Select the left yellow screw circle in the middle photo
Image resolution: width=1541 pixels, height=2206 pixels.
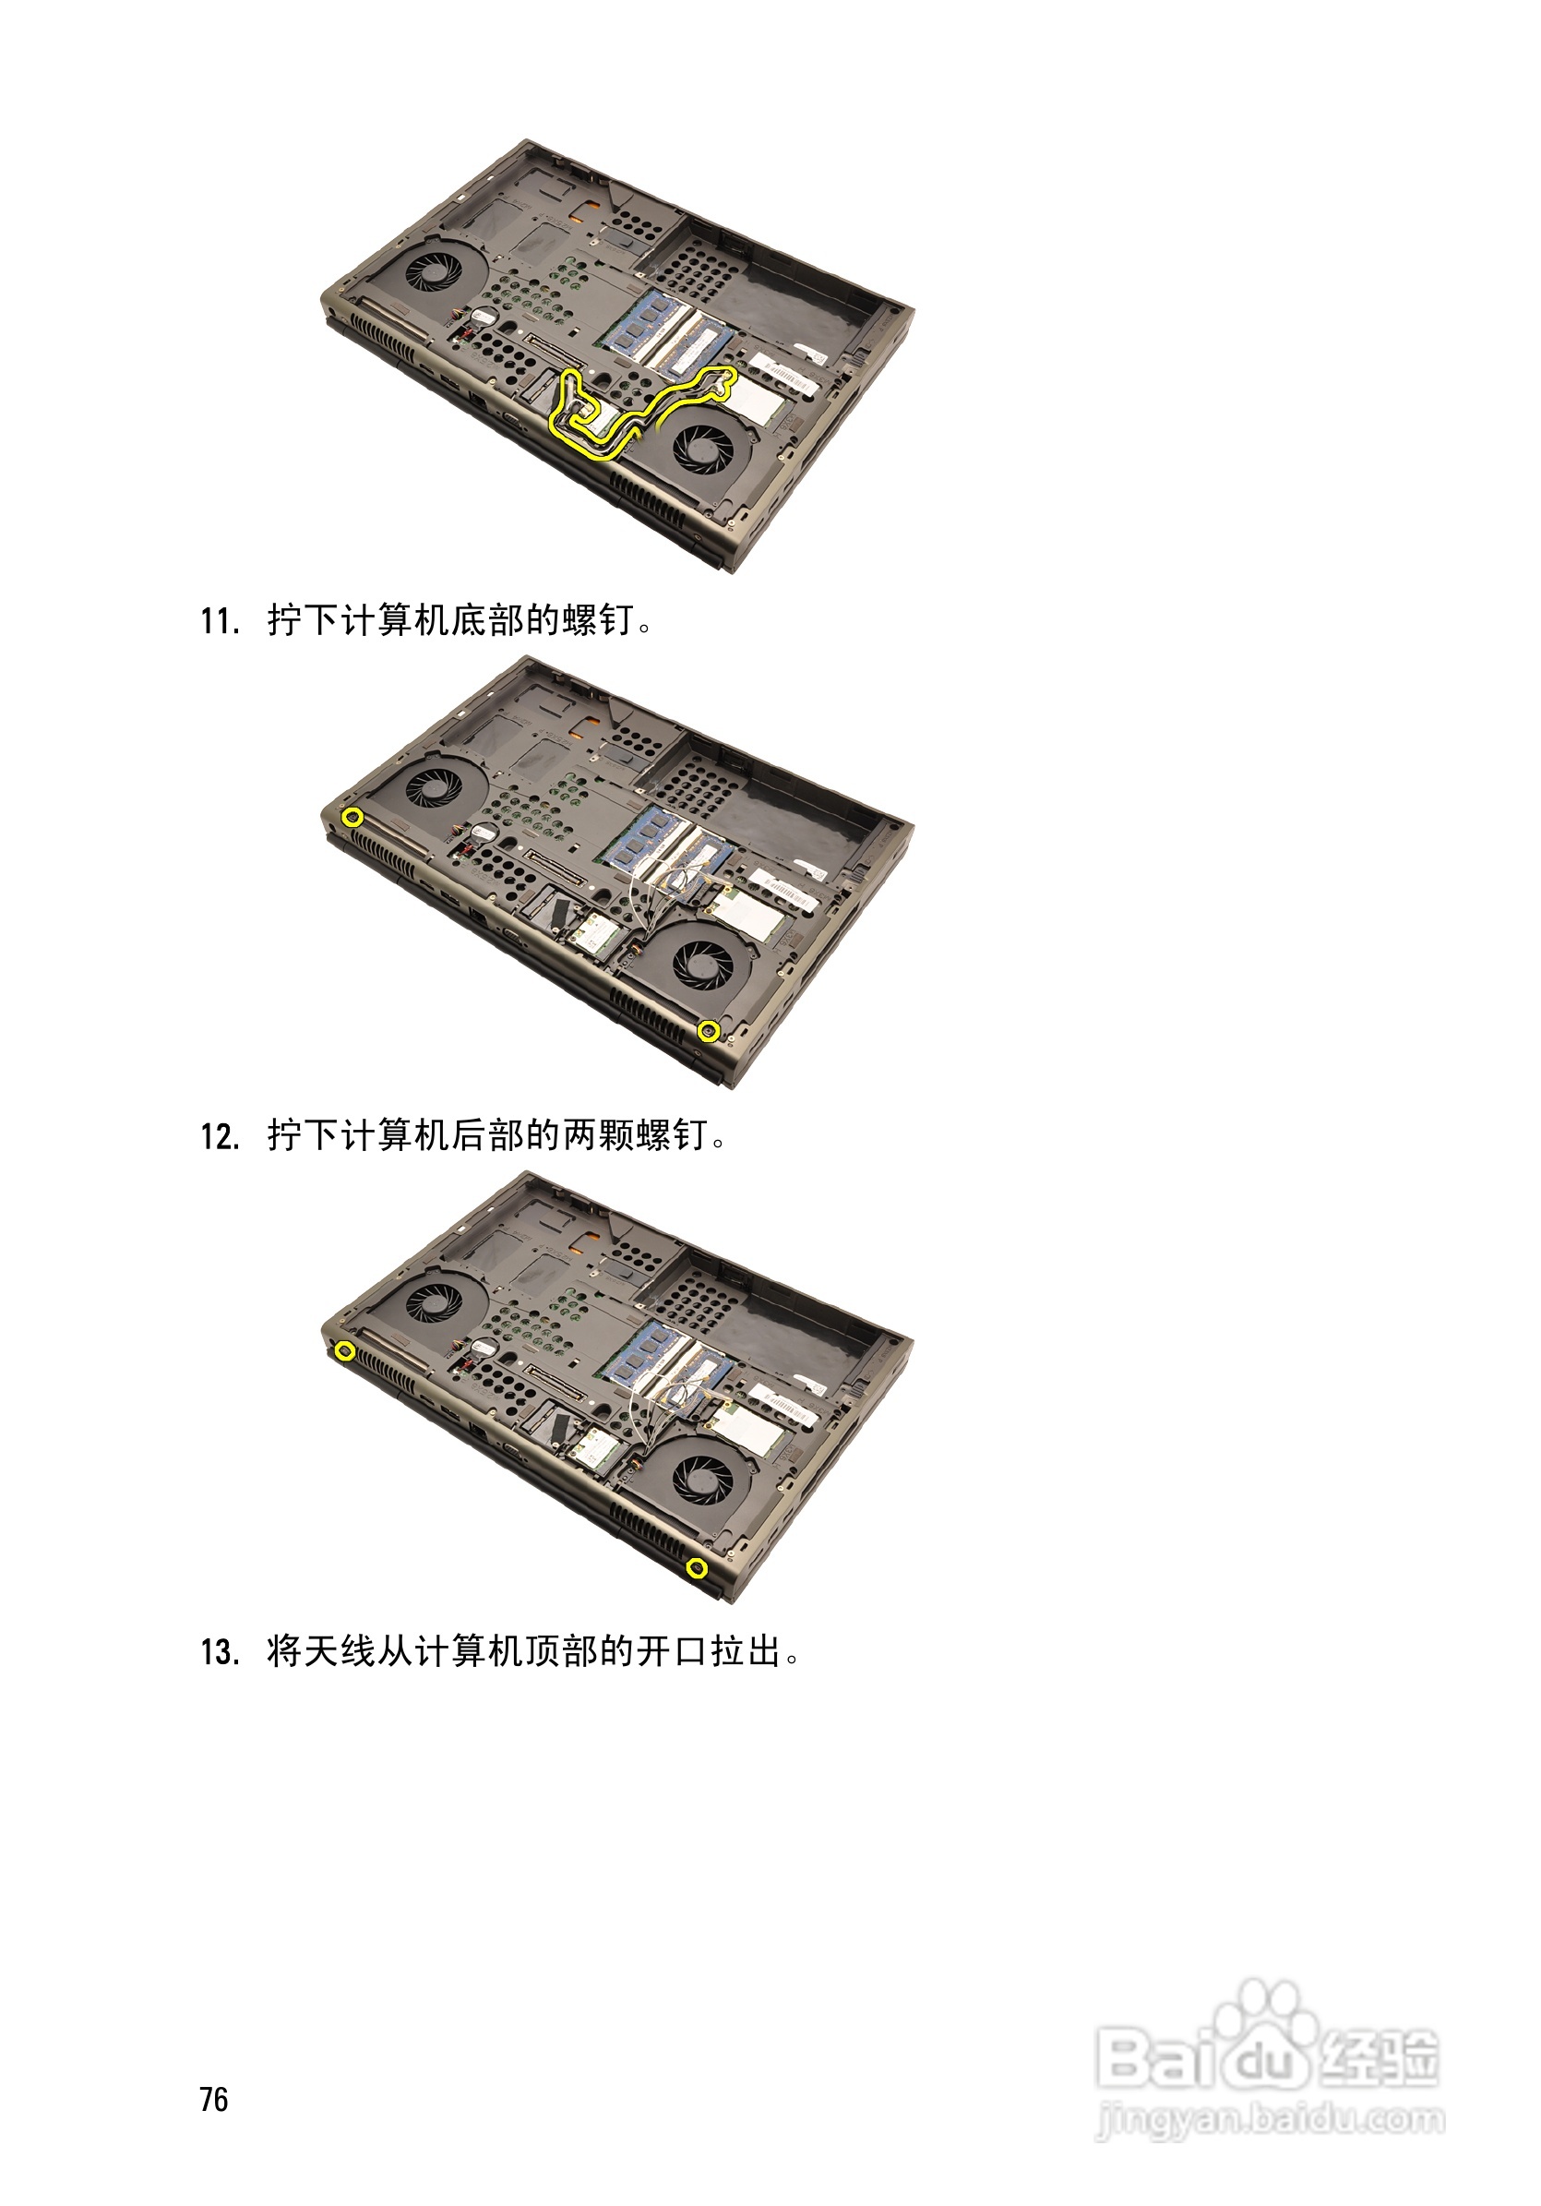click(x=352, y=818)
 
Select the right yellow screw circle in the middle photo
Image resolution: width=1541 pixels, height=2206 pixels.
click(x=708, y=1032)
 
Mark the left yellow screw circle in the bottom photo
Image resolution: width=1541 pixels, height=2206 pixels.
click(x=345, y=1352)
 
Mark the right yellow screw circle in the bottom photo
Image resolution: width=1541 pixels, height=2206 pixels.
click(x=698, y=1569)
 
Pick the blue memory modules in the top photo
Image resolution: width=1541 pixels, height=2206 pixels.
click(x=663, y=331)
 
